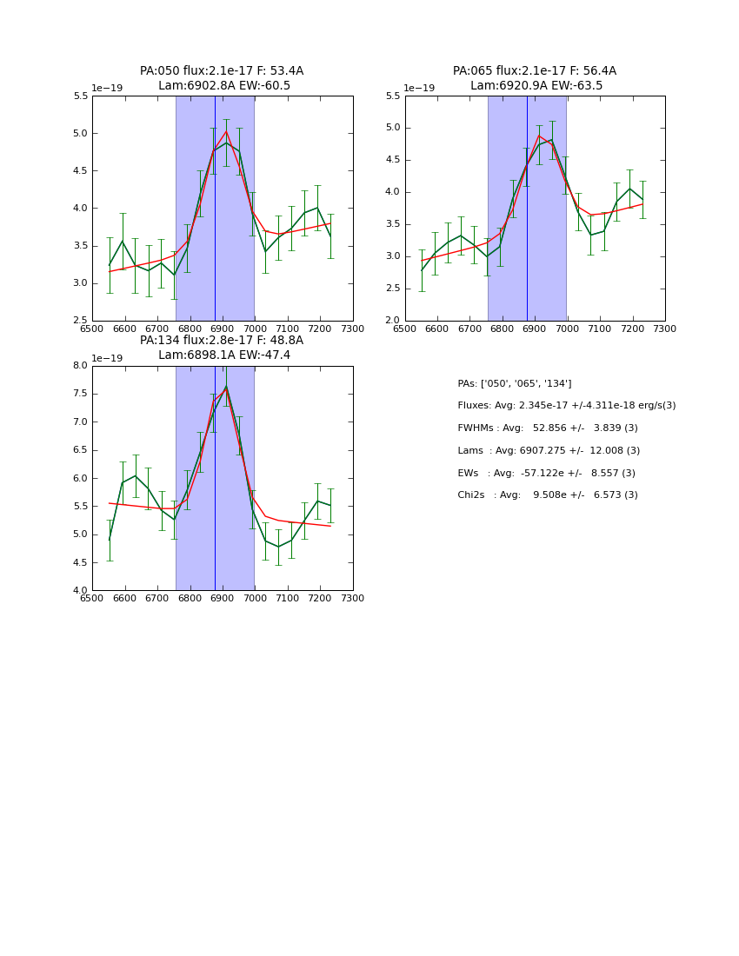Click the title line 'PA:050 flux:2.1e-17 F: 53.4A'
(222, 71)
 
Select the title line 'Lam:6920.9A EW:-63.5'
(536, 86)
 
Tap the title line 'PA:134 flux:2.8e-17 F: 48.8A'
(222, 341)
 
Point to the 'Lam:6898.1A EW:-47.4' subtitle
(224, 355)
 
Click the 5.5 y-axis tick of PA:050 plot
(79, 96)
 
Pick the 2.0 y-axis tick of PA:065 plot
(392, 321)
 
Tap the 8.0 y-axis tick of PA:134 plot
(79, 366)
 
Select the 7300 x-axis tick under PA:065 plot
(665, 329)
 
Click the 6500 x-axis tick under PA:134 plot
(92, 598)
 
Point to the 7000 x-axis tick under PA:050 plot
(255, 329)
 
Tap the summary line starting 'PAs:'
(514, 383)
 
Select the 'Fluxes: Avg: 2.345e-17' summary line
(566, 406)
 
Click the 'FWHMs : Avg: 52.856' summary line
(547, 428)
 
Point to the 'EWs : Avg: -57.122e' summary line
(547, 473)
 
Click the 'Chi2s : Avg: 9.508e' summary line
(547, 495)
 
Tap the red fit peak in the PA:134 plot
(226, 387)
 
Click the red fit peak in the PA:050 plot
(226, 132)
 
